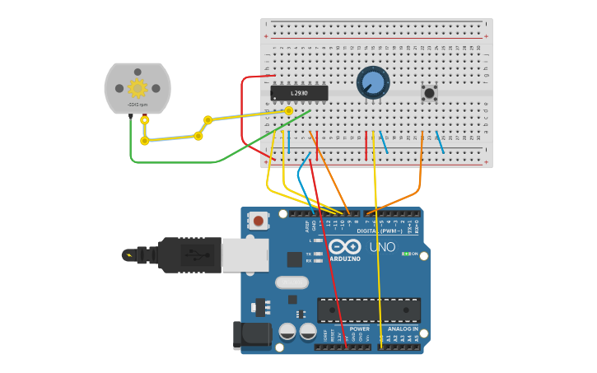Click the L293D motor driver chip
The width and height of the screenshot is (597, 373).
299,93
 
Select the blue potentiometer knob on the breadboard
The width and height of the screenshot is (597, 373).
373,82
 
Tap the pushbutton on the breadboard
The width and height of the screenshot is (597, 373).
429,92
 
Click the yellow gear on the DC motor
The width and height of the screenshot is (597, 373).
138,88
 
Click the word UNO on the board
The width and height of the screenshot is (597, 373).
383,247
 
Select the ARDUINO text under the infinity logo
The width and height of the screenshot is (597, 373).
345,259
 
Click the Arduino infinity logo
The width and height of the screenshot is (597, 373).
345,246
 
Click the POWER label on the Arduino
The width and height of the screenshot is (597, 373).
360,329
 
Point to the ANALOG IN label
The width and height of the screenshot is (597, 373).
403,329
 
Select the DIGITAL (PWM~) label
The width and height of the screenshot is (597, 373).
380,231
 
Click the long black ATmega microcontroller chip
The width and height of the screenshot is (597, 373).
369,310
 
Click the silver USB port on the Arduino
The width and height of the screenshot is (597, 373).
245,254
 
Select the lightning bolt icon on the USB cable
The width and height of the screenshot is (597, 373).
128,254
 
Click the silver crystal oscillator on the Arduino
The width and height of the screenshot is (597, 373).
291,282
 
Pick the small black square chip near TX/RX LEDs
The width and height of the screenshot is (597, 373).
294,259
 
